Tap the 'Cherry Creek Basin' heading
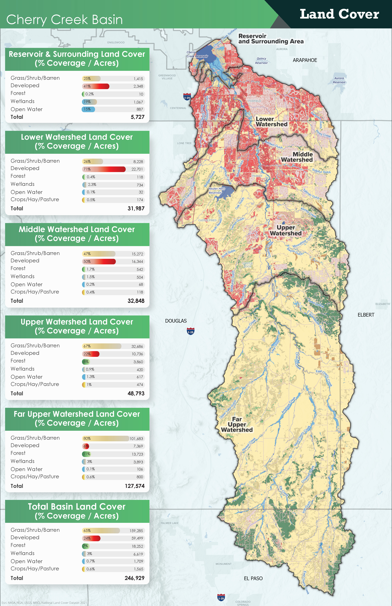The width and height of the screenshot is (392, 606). (x=64, y=20)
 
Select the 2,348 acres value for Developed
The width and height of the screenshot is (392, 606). (x=138, y=86)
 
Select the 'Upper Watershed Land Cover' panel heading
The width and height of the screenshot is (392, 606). (x=77, y=326)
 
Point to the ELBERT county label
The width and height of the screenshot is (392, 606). (x=366, y=315)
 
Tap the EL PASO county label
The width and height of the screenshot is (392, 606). (x=253, y=579)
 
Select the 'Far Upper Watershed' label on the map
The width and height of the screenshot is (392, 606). (x=237, y=424)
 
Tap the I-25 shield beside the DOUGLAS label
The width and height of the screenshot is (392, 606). (x=190, y=331)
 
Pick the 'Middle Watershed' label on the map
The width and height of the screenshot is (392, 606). (x=297, y=157)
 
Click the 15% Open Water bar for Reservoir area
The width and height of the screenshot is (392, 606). (x=88, y=109)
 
